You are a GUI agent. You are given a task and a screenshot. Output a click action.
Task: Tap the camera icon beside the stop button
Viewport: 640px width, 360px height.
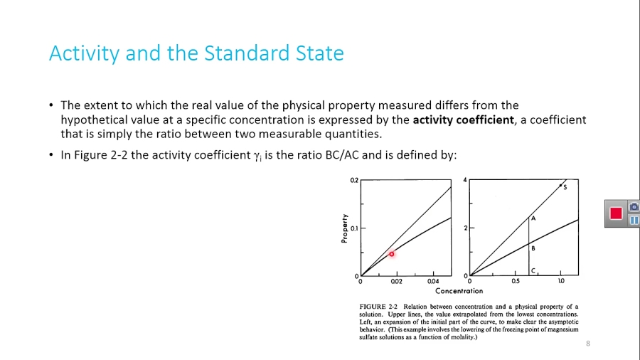tap(634, 206)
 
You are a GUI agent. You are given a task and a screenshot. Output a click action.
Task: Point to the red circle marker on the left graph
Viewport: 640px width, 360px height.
tap(391, 254)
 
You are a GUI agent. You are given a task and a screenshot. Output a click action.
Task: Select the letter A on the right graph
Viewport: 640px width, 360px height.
tap(533, 219)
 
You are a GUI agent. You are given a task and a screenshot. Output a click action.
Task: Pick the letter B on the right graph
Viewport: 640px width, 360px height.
tap(533, 248)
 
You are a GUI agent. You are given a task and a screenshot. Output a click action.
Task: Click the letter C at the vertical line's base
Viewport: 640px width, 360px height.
tap(533, 270)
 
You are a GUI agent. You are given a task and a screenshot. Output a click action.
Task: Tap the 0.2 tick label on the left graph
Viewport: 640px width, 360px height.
tap(354, 181)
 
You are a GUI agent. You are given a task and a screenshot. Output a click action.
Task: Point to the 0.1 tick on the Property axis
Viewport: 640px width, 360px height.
tap(354, 228)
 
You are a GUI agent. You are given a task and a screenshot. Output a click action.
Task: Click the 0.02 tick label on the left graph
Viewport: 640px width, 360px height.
tap(397, 282)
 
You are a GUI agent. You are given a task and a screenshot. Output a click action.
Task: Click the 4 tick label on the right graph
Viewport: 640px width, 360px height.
tap(466, 180)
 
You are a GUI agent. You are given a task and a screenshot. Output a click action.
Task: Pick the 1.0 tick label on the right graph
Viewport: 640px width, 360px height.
tap(562, 282)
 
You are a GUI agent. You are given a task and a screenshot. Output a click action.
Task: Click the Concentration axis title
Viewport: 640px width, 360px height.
tap(459, 291)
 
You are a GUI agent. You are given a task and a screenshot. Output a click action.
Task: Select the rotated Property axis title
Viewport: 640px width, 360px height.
tap(345, 229)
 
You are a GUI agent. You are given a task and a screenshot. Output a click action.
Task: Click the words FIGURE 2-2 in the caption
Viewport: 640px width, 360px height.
tap(378, 307)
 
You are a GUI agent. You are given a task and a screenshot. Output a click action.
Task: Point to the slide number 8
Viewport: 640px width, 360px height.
tap(588, 344)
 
